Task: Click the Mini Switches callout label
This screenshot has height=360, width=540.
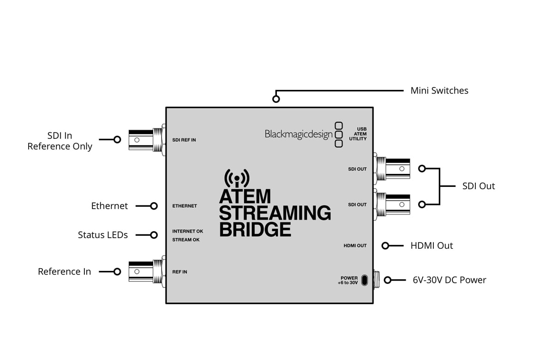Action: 439,90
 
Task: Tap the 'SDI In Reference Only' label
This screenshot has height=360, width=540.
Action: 60,141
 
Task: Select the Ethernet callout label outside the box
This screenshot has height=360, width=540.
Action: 109,206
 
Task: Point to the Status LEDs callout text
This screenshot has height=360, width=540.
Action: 102,235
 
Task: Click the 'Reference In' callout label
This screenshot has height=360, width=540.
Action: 64,271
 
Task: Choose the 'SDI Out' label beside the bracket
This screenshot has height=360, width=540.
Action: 478,186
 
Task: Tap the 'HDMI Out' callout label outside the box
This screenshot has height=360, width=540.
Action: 432,246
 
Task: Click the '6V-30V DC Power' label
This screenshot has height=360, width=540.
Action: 449,280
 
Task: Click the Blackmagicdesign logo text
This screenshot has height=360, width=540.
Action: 298,134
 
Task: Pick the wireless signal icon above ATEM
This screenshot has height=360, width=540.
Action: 236,178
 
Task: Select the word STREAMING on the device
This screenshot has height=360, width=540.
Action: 275,213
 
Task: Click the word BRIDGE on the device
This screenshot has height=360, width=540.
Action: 255,229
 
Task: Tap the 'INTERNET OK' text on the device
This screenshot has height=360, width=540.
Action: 187,231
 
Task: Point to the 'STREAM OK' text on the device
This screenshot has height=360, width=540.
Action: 186,240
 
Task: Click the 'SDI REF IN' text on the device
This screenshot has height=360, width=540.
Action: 184,140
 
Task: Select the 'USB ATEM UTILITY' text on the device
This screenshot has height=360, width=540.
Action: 359,134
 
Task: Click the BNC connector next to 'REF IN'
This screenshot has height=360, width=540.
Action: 147,271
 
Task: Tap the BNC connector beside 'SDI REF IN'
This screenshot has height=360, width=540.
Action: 147,139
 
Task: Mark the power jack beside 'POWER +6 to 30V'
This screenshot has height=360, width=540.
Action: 365,280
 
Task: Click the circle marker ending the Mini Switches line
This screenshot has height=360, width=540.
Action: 276,99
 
